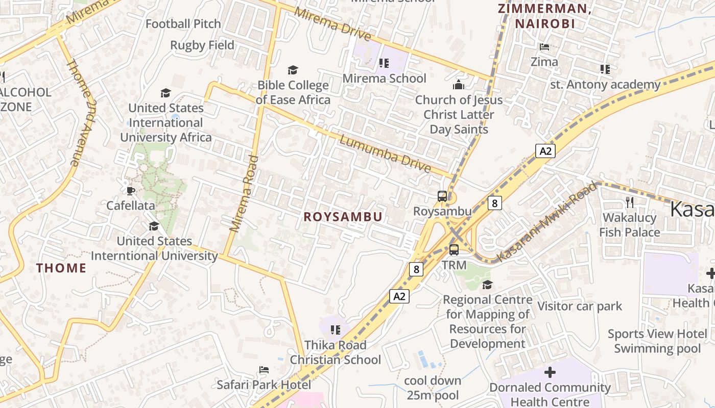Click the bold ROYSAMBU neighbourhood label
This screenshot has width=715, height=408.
(343, 217)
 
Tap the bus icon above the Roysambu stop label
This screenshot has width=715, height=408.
(442, 196)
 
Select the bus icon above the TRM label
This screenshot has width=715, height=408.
(454, 250)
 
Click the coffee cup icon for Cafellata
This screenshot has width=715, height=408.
(131, 191)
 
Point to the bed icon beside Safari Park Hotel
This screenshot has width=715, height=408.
(264, 369)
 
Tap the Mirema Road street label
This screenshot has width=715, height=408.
(244, 194)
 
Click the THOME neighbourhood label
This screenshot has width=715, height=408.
(61, 268)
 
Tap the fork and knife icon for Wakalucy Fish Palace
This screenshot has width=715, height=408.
(630, 202)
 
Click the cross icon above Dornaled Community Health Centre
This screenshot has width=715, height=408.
(550, 372)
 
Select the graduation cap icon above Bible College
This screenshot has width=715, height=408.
(293, 70)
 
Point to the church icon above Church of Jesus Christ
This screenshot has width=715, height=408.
(459, 84)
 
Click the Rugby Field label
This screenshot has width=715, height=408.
(202, 45)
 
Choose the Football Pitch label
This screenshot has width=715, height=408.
(183, 23)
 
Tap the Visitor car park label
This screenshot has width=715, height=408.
(580, 306)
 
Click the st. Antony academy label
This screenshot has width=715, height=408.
(605, 84)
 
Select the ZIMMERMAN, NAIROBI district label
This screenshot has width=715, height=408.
(544, 16)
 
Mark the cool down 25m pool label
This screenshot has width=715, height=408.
(433, 388)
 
